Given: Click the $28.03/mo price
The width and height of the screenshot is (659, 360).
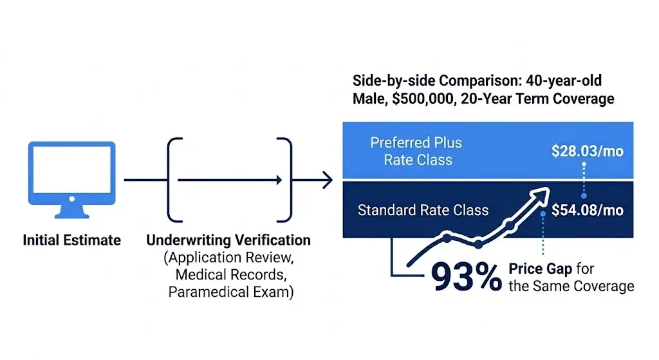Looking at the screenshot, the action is (587, 151).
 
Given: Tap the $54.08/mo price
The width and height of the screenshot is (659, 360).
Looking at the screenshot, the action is (587, 210).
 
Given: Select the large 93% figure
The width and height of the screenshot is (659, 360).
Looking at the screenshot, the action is (467, 277).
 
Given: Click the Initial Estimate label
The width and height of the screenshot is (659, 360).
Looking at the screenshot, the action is (72, 240).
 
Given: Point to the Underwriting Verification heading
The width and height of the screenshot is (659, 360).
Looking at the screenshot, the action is (228, 240).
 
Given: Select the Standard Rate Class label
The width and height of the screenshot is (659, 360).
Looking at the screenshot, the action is (423, 210).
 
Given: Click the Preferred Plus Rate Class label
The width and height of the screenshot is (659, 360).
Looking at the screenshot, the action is (416, 151).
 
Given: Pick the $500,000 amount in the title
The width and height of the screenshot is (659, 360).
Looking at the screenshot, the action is (424, 99).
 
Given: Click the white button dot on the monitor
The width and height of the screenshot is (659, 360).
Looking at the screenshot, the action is (72, 199).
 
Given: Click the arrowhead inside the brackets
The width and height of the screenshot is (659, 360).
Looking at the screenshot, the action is (279, 180).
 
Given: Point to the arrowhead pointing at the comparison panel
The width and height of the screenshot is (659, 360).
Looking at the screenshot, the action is (328, 180).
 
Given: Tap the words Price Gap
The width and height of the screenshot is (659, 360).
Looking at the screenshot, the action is (540, 269).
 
